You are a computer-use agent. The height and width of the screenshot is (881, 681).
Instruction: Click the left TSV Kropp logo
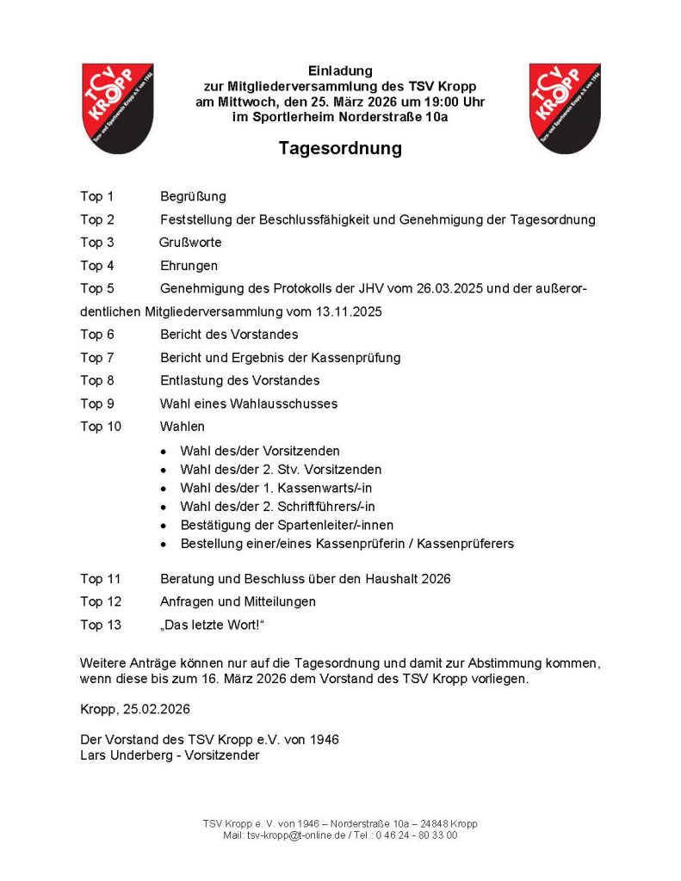(x=117, y=108)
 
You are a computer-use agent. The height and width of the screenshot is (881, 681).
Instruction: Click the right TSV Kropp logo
(x=564, y=108)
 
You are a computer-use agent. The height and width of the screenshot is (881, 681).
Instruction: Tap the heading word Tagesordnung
(x=340, y=149)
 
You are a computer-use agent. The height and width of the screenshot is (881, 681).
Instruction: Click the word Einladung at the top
(x=340, y=70)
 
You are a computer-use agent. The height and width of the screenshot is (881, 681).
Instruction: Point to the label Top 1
(x=97, y=197)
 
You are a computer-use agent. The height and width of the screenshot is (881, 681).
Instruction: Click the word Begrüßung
(x=193, y=197)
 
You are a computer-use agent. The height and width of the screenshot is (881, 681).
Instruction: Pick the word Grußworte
(x=189, y=243)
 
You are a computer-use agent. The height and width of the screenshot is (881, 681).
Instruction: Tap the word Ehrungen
(x=189, y=266)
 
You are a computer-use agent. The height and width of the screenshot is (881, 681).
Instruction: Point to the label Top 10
(x=101, y=426)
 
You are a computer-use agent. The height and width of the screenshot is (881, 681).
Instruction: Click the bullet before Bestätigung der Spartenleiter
(x=164, y=526)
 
